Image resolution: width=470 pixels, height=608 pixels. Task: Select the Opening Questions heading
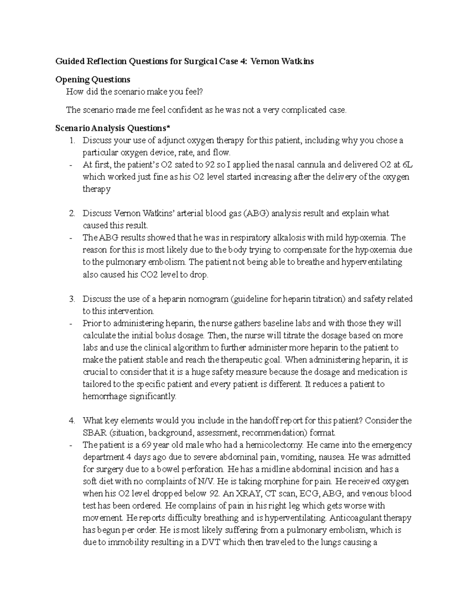click(93, 80)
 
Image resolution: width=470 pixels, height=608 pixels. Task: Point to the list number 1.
click(72, 141)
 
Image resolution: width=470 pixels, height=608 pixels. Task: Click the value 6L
click(408, 165)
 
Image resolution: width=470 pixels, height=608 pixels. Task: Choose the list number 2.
click(72, 213)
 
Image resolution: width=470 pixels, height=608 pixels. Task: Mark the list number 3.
click(72, 299)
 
